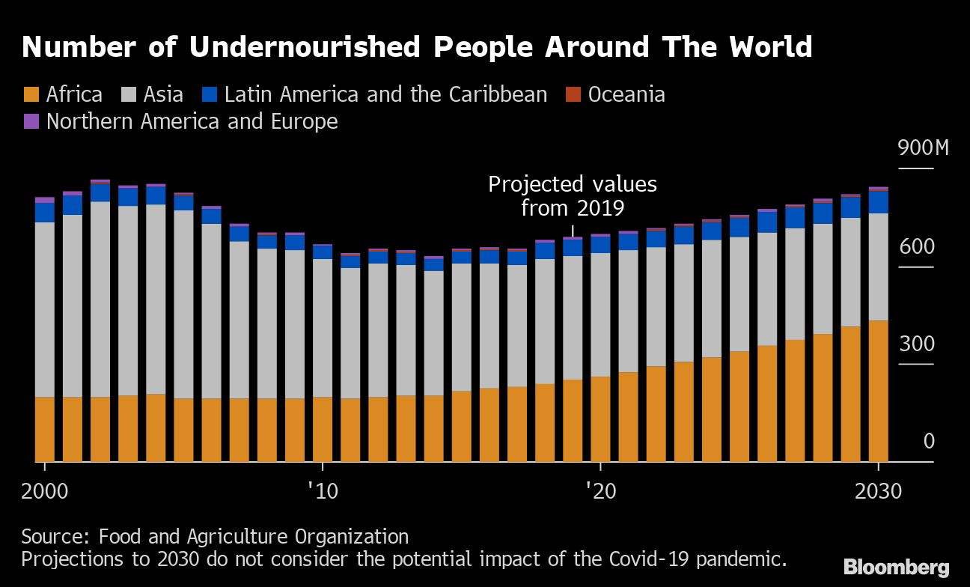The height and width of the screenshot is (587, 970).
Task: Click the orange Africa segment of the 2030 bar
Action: click(877, 391)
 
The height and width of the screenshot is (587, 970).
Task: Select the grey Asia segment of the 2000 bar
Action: click(45, 309)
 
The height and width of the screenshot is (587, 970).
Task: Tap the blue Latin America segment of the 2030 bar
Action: click(877, 202)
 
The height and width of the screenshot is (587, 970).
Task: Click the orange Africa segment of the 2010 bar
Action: click(323, 429)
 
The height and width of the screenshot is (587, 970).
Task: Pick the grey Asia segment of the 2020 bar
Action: click(600, 314)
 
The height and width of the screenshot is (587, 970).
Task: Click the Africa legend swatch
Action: click(31, 94)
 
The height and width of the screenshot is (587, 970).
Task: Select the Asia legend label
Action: click(163, 94)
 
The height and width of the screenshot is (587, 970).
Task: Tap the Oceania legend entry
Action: click(626, 94)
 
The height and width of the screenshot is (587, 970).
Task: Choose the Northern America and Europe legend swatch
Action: click(31, 121)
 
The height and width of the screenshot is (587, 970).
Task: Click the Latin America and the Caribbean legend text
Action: click(385, 94)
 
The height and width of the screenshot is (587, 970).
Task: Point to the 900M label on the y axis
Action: click(923, 148)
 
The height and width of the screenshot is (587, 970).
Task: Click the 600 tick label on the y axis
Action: click(917, 247)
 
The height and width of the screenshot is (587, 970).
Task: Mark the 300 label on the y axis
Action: click(917, 344)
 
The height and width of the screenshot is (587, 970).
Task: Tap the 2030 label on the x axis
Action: click(877, 493)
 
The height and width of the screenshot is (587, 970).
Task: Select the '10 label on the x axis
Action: click(323, 493)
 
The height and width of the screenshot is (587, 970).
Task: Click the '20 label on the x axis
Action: click(600, 493)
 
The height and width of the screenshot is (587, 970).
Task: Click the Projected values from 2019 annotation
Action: click(573, 195)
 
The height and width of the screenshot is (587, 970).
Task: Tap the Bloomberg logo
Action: click(896, 568)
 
